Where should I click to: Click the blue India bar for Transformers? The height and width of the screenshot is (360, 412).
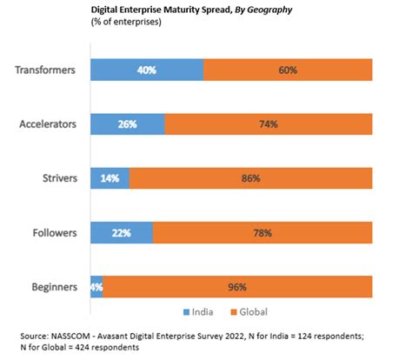146,71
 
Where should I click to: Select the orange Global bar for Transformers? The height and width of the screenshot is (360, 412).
288,71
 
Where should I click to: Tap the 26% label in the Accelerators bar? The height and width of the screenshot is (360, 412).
127,125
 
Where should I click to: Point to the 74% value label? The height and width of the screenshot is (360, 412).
268,125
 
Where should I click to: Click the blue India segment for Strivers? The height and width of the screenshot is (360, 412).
110,179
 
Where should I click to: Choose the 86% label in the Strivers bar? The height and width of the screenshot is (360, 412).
250,179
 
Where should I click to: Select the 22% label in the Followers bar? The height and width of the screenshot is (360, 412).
121,233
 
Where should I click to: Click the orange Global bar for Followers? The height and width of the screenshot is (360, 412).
262,233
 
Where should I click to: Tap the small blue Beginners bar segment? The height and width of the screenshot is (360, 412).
96,287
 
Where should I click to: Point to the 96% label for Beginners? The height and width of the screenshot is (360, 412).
237,287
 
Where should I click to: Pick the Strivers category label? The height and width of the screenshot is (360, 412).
60,179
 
